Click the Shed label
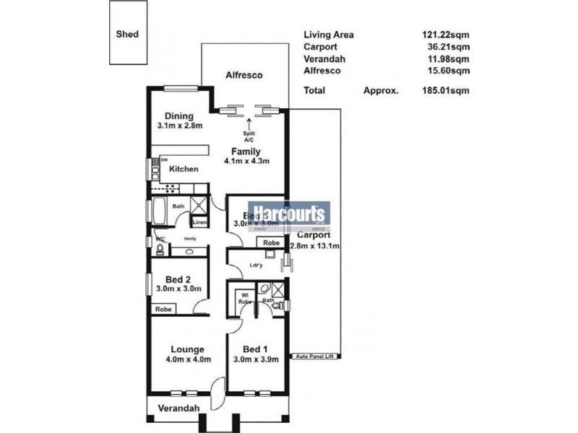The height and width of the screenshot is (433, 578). point(127,34)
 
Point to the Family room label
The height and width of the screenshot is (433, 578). point(246,151)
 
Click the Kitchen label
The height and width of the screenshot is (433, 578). point(184,169)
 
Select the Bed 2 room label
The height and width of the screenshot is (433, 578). point(178,279)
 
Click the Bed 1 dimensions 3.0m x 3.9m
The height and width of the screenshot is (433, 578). point(256,359)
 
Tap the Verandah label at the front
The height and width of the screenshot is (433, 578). point(179,408)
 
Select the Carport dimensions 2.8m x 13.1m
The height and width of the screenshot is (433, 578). point(315,246)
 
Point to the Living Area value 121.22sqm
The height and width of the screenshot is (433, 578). point(446,34)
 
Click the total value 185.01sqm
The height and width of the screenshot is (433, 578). point(446,91)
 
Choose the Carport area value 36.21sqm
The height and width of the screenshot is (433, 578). point(448,47)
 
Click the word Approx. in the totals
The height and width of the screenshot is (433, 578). point(381,91)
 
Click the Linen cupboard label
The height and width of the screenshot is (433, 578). point(200,223)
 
